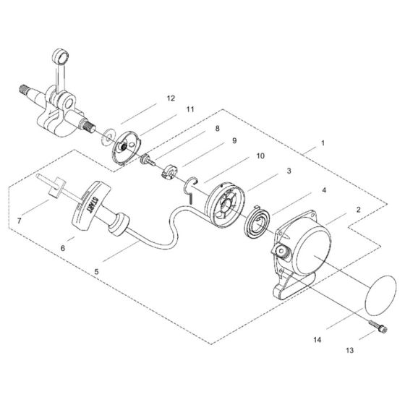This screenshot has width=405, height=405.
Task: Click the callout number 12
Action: click(x=170, y=97)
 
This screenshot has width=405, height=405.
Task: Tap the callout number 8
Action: click(x=216, y=128)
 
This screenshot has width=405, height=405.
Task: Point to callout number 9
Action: click(x=235, y=142)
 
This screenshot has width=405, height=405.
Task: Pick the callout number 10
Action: click(x=260, y=155)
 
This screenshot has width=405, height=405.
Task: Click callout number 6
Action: click(x=63, y=247)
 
